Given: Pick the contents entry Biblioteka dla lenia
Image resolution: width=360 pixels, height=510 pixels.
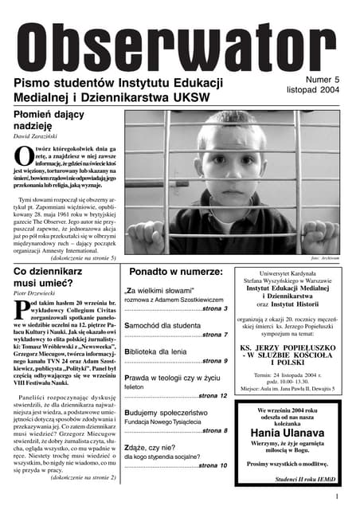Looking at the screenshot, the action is pos(166,351).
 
